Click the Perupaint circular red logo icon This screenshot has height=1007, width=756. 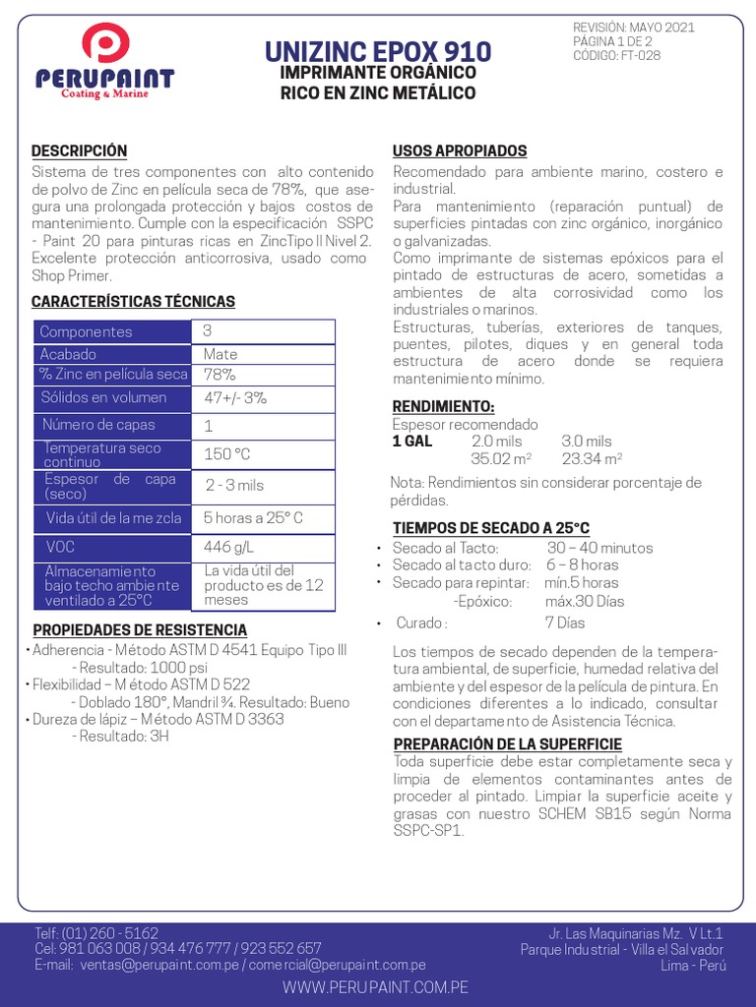(105, 45)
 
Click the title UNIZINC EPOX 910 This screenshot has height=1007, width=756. (378, 51)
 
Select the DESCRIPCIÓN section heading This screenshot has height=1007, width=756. (80, 150)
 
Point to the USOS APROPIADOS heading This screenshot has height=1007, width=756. (460, 150)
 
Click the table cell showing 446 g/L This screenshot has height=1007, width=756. (228, 546)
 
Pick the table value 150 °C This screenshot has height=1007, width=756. (227, 454)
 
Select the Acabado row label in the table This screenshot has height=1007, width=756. (69, 354)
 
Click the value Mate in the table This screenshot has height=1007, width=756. (220, 354)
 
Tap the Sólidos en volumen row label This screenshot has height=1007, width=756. (103, 398)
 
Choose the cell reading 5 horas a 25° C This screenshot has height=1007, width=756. (253, 517)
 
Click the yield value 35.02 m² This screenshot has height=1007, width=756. (501, 458)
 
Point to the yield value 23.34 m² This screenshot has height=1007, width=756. (592, 458)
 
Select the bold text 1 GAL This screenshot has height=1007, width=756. (412, 442)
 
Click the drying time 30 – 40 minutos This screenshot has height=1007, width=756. (599, 548)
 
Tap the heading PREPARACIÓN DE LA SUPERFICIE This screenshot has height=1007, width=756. (507, 743)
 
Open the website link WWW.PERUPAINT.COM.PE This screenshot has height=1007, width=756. (375, 986)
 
